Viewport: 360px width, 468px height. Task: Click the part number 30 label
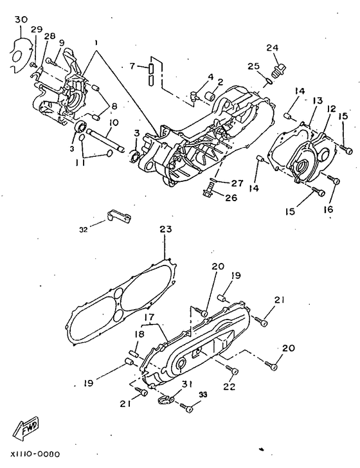click(x=21, y=20)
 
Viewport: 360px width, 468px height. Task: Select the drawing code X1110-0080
click(x=35, y=455)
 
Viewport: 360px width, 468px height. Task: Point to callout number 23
click(x=166, y=230)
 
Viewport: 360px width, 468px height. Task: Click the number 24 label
click(x=272, y=48)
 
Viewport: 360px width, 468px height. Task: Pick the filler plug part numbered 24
click(x=278, y=71)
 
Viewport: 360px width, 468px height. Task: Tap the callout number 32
click(x=84, y=230)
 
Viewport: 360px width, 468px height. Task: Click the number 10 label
click(x=114, y=123)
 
